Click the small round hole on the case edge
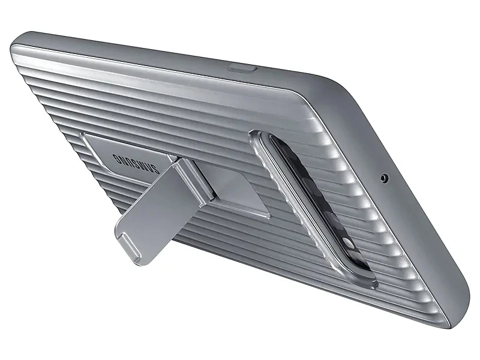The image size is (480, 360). tap(383, 178)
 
